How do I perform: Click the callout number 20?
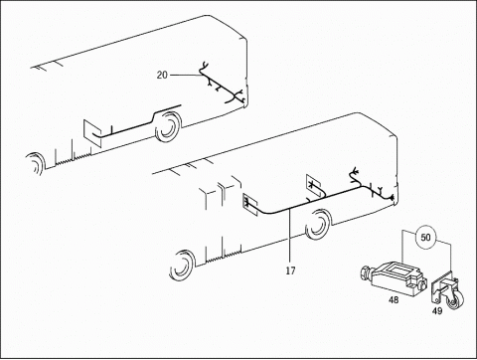pyautogui.click(x=162, y=76)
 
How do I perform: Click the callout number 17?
pyautogui.click(x=290, y=270)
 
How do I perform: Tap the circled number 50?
pyautogui.click(x=425, y=238)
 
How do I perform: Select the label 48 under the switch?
pyautogui.click(x=394, y=300)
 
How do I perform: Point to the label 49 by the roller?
pyautogui.click(x=437, y=311)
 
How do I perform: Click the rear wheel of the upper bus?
pyautogui.click(x=169, y=126)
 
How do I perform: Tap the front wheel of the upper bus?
pyautogui.click(x=36, y=163)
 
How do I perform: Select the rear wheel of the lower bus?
pyautogui.click(x=318, y=224)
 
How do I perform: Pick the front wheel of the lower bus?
pyautogui.click(x=182, y=265)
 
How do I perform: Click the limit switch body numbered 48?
pyautogui.click(x=395, y=275)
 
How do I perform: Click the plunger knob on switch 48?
pyautogui.click(x=366, y=273)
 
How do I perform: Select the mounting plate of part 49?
pyautogui.click(x=439, y=287)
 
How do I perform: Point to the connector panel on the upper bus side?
pyautogui.click(x=92, y=132)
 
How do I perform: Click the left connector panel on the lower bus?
pyautogui.click(x=250, y=204)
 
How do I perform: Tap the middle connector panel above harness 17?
pyautogui.click(x=313, y=186)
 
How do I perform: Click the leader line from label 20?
pyautogui.click(x=186, y=76)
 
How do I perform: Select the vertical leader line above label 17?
pyautogui.click(x=290, y=236)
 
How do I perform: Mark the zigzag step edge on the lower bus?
pyautogui.click(x=224, y=257)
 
